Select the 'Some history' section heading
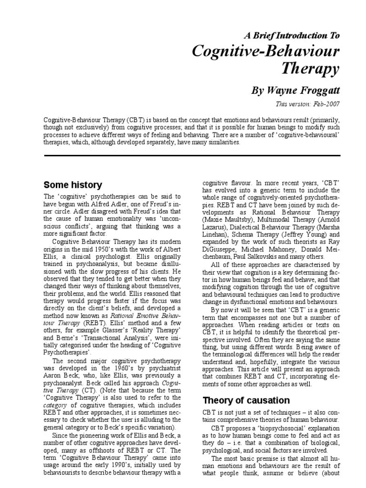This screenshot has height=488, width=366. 72,184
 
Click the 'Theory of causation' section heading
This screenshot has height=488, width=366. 246,400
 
